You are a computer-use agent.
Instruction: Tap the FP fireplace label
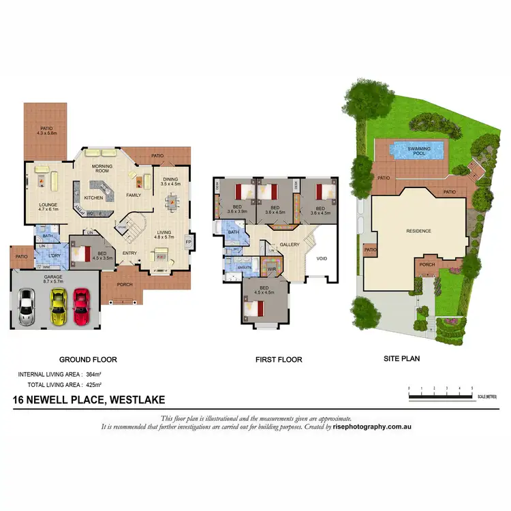189,242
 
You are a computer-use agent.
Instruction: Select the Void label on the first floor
322,258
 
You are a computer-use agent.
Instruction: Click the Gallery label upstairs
288,245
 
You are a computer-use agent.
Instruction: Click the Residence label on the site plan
418,231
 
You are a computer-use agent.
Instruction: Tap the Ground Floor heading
88,359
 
